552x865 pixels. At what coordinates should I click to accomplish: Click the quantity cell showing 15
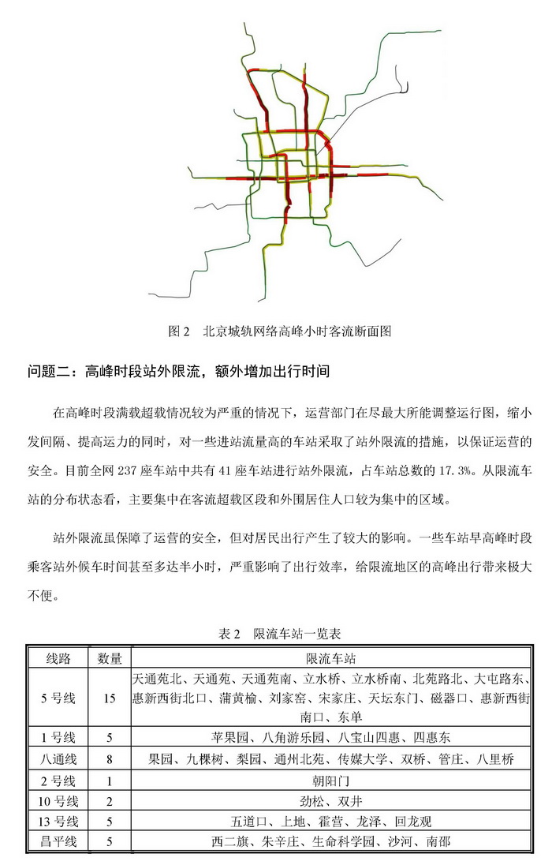110,698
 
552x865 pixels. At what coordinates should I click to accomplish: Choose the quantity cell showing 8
110,759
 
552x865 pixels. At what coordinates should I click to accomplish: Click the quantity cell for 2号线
110,781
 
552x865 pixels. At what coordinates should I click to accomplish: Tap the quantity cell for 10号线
110,801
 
